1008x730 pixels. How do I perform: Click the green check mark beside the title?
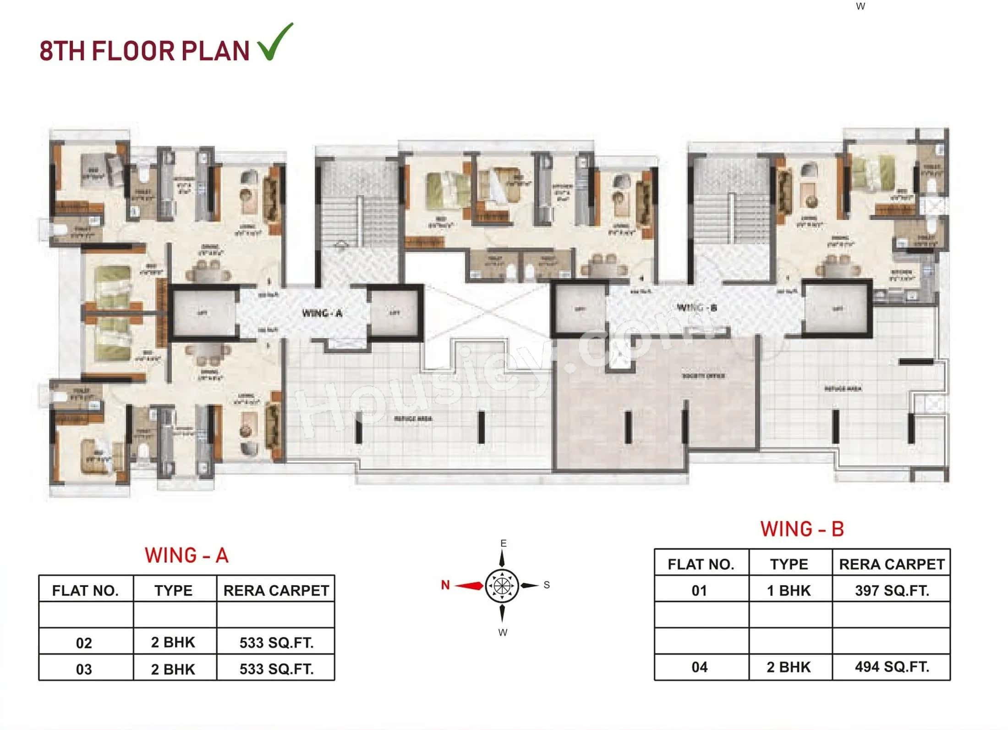tap(275, 42)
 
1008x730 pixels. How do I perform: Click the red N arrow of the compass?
tap(468, 586)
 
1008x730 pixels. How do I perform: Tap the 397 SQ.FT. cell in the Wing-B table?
tap(892, 590)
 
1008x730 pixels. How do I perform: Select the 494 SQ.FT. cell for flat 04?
tap(892, 667)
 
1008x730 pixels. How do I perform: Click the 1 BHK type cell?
tap(789, 590)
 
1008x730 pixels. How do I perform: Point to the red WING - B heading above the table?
tap(802, 529)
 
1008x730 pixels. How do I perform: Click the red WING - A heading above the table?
tap(186, 555)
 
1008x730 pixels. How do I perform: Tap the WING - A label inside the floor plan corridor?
tap(322, 313)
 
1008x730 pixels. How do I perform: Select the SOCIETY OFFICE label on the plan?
tap(703, 376)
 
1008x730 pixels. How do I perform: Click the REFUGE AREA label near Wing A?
tap(413, 419)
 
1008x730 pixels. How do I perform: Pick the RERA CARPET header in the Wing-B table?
tap(892, 564)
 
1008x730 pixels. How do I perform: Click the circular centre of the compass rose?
tap(502, 586)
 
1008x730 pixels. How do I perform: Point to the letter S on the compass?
tap(547, 585)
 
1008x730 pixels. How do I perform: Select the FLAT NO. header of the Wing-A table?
tap(86, 591)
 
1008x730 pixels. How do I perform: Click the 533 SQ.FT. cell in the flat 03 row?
tap(276, 669)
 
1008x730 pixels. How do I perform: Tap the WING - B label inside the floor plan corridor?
tap(696, 307)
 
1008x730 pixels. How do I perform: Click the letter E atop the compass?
tap(504, 543)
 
